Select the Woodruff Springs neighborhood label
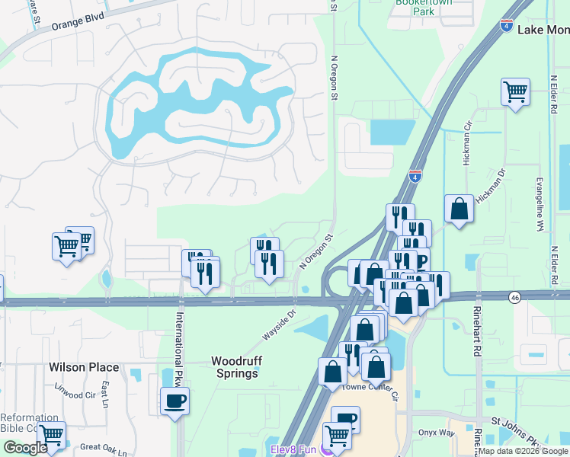[x=234, y=367]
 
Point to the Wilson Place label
[x=84, y=367]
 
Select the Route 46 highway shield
[x=516, y=296]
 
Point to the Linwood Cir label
[x=74, y=395]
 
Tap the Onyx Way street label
[x=437, y=432]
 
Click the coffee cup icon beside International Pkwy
[x=175, y=401]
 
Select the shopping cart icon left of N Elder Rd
[x=516, y=93]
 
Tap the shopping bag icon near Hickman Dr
[x=460, y=209]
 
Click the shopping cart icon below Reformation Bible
[x=51, y=436]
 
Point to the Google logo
[x=25, y=448]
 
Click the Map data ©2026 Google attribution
[x=523, y=451]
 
